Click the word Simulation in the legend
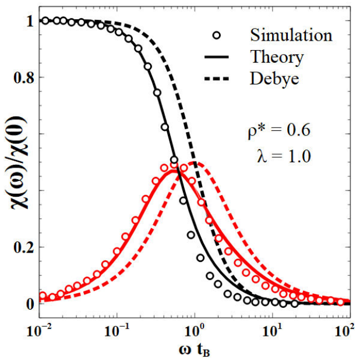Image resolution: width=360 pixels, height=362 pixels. [291, 34]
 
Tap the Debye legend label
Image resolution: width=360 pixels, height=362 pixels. [274, 78]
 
